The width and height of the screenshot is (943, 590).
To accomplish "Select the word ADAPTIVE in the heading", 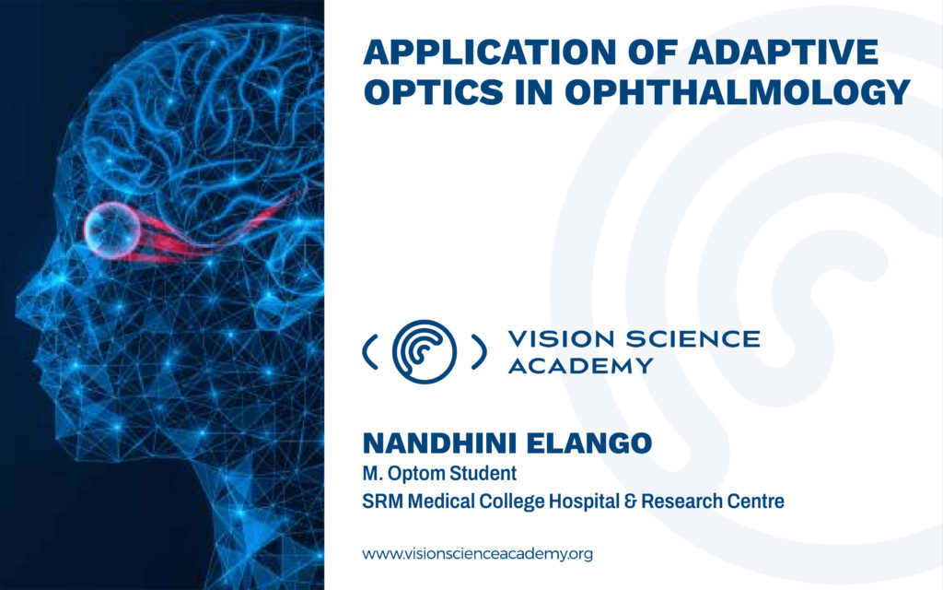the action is pos(784,52).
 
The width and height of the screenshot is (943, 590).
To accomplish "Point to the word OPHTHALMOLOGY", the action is pos(737,93).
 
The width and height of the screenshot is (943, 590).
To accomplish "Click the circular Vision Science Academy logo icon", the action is pos(424,351).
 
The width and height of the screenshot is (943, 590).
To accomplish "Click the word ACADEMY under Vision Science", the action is pos(580,365).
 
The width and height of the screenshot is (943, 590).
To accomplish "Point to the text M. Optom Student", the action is pos(439,474).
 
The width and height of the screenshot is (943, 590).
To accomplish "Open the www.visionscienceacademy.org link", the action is pos(478,554).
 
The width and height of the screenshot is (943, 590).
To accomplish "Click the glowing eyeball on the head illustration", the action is pos(111,230).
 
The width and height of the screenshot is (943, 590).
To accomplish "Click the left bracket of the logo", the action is pos(369,351).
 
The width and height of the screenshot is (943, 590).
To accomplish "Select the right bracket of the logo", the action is pos(479,351).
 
